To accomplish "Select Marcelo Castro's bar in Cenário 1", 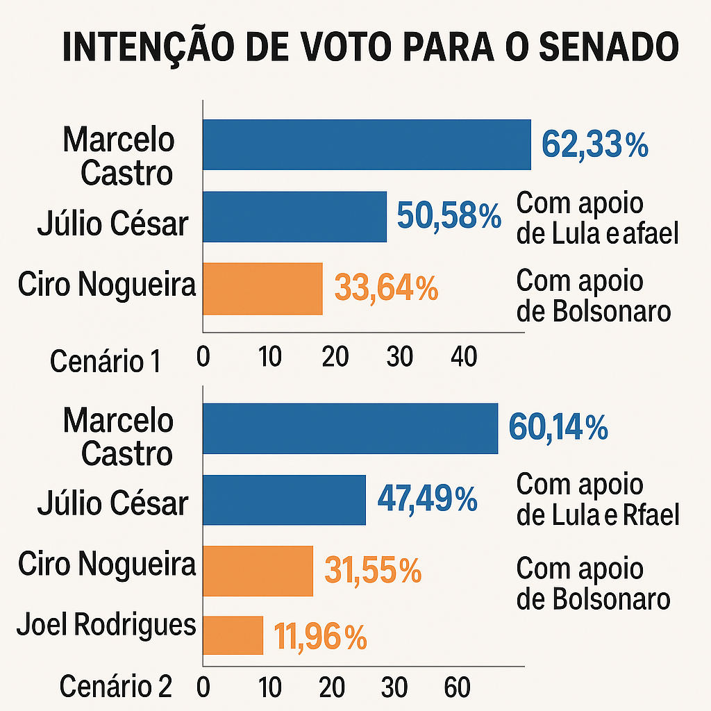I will (366, 144).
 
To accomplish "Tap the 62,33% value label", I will (595, 146).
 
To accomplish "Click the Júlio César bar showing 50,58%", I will (294, 217).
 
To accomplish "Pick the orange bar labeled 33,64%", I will (262, 289).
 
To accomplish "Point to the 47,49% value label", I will (427, 499).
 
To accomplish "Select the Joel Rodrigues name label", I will (106, 625).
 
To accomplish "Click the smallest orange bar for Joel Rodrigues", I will (233, 635).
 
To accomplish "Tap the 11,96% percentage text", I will (320, 637).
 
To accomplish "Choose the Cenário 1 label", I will (106, 362).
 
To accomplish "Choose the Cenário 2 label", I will (115, 687).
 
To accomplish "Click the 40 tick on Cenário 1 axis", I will (464, 357).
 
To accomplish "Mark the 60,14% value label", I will (558, 428).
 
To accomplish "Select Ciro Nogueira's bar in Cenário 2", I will (258, 571).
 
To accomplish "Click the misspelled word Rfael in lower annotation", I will (651, 515).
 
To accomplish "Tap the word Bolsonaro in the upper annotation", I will (612, 311).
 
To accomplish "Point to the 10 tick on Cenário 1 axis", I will (269, 357).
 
